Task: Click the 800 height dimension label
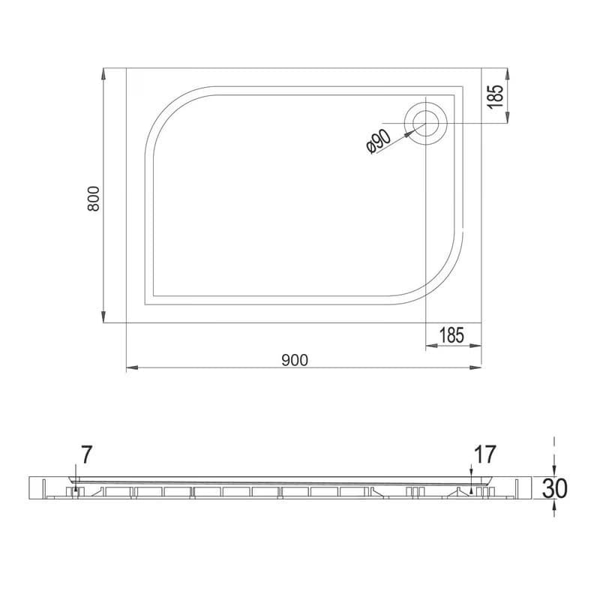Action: (93, 199)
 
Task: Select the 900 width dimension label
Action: (295, 361)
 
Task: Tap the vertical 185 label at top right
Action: (496, 97)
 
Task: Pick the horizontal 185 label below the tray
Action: (451, 335)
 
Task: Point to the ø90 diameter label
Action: (379, 141)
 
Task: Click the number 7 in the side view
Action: (86, 454)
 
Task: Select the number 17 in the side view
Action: (484, 454)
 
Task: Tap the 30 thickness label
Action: (555, 488)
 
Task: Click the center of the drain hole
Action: (425, 124)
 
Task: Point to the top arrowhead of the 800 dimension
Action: (103, 74)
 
